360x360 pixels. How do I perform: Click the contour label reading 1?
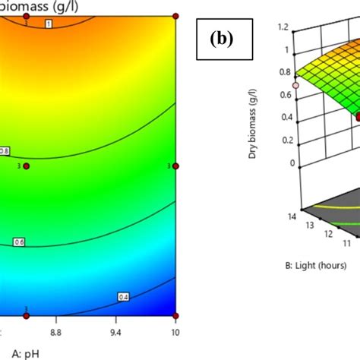[49, 25]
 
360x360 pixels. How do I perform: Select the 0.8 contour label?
[5, 151]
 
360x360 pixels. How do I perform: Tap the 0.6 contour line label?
[20, 242]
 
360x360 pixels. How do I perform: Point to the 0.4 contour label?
[123, 296]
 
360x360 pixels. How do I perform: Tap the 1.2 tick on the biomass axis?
[283, 27]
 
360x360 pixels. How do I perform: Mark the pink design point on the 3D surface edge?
[296, 86]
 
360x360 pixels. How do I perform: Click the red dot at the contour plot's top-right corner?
[176, 15]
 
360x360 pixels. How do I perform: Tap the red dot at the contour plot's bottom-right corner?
[176, 315]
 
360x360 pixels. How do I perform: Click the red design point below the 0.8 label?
[26, 166]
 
